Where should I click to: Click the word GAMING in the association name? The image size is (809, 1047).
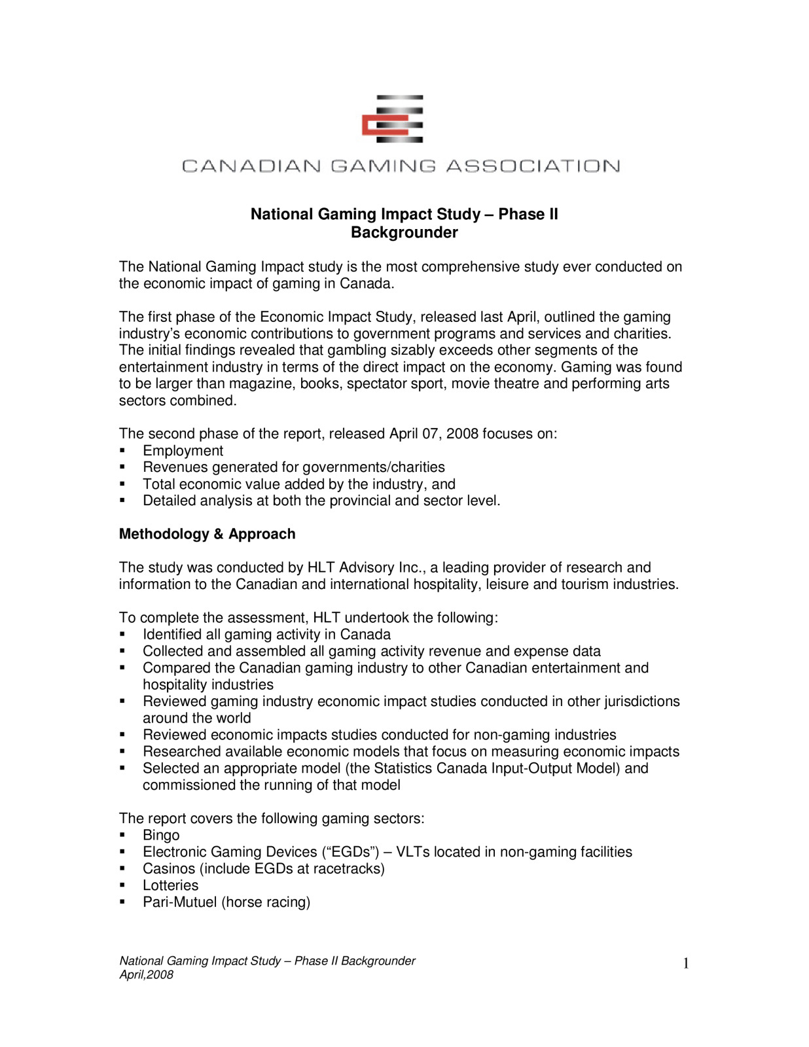point(383,166)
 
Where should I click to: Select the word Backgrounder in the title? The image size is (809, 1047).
point(404,232)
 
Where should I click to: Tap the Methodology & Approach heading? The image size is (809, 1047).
point(207,534)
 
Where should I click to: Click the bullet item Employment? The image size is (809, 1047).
point(183,450)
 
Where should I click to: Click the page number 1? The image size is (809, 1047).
point(685,963)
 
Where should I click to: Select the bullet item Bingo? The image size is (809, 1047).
point(161,835)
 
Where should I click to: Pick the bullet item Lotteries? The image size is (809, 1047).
point(170,885)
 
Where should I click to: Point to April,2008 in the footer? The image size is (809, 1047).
point(146,974)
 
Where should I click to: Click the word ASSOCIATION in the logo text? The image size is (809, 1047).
point(533,166)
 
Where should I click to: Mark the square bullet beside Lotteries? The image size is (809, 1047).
point(122,885)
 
